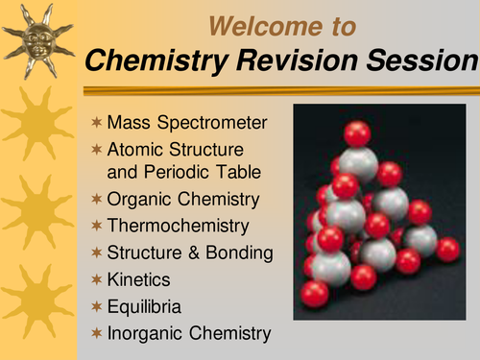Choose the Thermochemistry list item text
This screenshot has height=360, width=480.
pyautogui.click(x=179, y=226)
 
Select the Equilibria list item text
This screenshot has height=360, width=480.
pyautogui.click(x=143, y=306)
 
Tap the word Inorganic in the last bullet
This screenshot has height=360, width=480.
pyautogui.click(x=142, y=333)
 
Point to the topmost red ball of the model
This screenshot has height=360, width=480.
pyautogui.click(x=357, y=132)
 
